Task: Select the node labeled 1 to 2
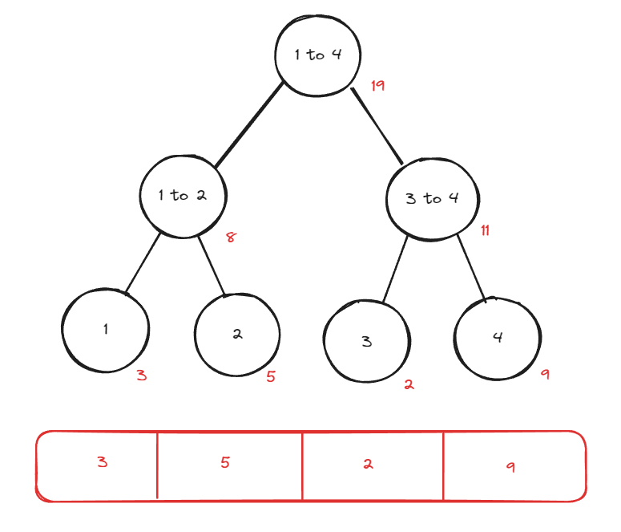[x=183, y=196]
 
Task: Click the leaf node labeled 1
[x=106, y=329]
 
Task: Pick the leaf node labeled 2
[x=237, y=335]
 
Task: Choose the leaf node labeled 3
[x=367, y=342]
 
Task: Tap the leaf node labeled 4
[x=497, y=337]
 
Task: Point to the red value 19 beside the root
[x=378, y=85]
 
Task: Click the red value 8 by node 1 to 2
[x=231, y=238]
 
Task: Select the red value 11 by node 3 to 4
[x=485, y=231]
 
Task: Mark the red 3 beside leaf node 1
[x=142, y=375]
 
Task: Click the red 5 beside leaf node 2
[x=271, y=376]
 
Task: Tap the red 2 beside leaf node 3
[x=409, y=384]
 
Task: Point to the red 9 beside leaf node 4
[x=545, y=374]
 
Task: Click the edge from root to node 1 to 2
[x=248, y=124]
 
